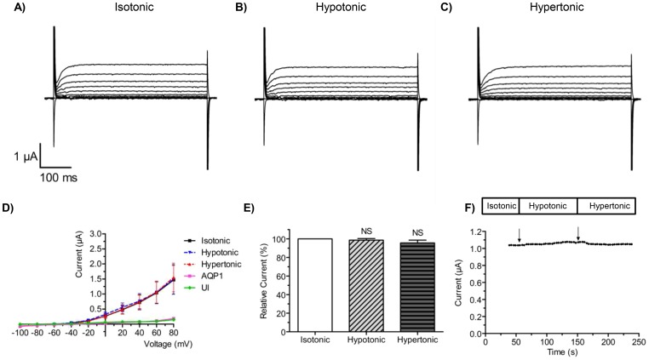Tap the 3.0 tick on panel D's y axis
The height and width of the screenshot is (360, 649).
[118, 232]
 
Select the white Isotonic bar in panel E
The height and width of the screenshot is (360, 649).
[315, 283]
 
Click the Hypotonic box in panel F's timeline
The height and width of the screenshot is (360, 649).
[547, 206]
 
